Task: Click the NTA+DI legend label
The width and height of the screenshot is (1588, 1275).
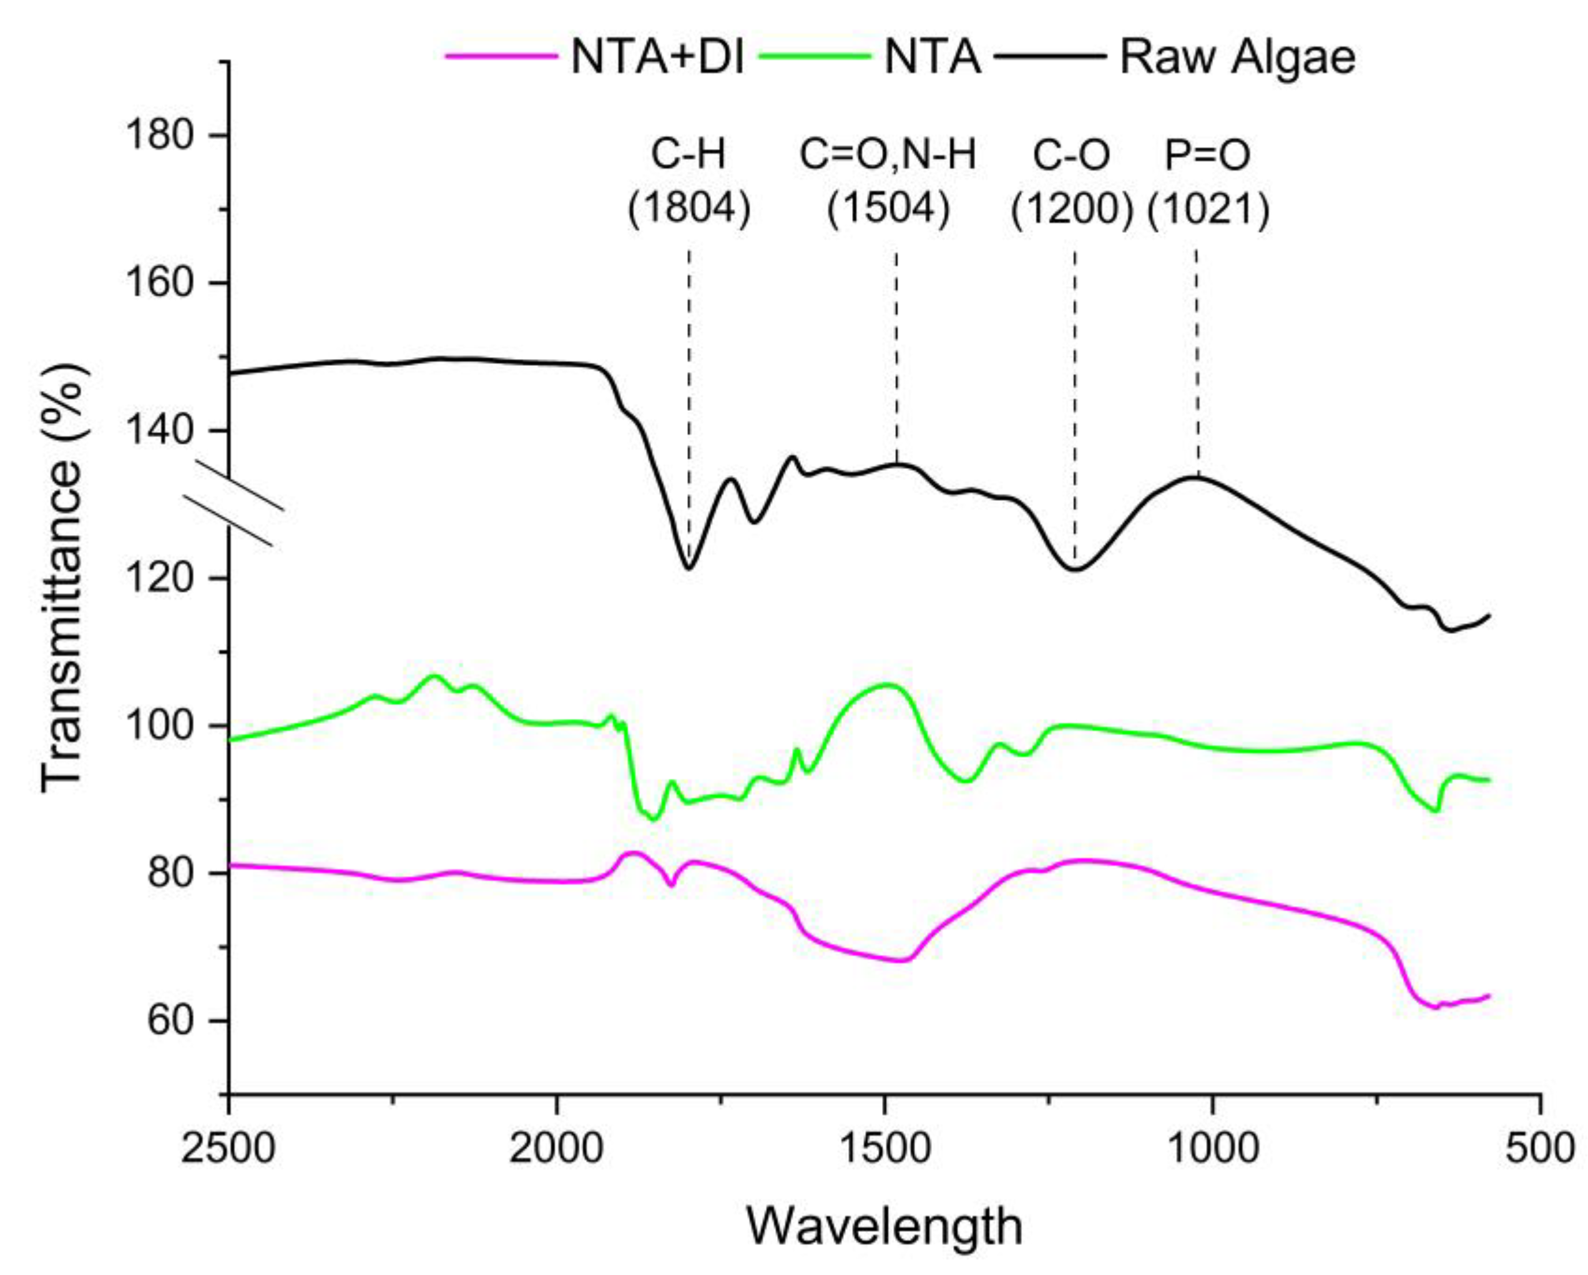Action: click(658, 57)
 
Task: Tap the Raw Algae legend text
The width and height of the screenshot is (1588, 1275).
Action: click(1237, 57)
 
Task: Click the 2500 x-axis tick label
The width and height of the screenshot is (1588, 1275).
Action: click(228, 1148)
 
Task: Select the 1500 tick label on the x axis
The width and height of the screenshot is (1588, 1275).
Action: click(885, 1148)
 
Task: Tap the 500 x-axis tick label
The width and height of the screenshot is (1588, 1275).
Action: click(1539, 1148)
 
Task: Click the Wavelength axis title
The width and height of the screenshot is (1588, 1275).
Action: click(885, 1226)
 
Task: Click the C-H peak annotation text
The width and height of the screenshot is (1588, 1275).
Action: click(689, 155)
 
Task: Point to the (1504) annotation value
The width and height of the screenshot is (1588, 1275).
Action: click(888, 209)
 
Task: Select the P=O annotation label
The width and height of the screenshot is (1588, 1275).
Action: click(1208, 155)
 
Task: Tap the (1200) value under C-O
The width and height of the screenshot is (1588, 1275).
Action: click(1072, 209)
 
